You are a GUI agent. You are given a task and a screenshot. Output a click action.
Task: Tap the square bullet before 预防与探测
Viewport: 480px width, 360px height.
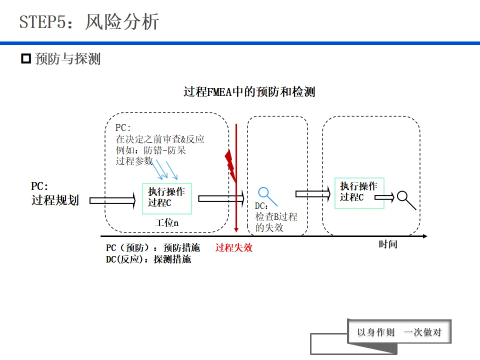pyautogui.click(x=26, y=59)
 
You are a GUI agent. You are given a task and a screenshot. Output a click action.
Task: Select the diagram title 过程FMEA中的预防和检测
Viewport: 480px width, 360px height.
pyautogui.click(x=249, y=92)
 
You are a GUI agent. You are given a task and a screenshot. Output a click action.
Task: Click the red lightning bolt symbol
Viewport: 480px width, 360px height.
pyautogui.click(x=230, y=165)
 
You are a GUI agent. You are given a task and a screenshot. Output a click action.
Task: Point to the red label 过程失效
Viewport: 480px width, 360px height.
pyautogui.click(x=234, y=247)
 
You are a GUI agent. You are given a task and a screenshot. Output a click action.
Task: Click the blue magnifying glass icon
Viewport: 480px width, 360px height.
pyautogui.click(x=264, y=193)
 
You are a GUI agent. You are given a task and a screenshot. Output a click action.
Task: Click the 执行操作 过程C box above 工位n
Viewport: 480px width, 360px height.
pyautogui.click(x=166, y=198)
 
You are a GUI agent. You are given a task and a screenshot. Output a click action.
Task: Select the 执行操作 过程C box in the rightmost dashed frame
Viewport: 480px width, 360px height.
pyautogui.click(x=358, y=192)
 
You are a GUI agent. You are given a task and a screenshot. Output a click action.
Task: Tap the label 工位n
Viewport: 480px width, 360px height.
pyautogui.click(x=166, y=223)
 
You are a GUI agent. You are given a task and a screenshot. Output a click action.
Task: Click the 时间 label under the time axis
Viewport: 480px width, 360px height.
pyautogui.click(x=387, y=244)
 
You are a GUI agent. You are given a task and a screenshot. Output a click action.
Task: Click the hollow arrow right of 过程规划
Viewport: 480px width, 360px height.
pyautogui.click(x=112, y=200)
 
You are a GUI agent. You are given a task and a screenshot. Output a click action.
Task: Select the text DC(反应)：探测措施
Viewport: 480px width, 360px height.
pyautogui.click(x=148, y=259)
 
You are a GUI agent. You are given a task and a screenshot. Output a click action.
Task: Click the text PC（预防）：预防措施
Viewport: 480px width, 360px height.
pyautogui.click(x=152, y=248)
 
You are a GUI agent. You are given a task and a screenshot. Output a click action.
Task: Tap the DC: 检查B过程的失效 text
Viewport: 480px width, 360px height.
pyautogui.click(x=275, y=217)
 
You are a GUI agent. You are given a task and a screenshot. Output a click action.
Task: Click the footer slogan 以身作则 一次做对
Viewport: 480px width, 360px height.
pyautogui.click(x=399, y=332)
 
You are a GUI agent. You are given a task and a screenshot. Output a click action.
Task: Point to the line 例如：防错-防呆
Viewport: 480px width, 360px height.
pyautogui.click(x=151, y=150)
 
